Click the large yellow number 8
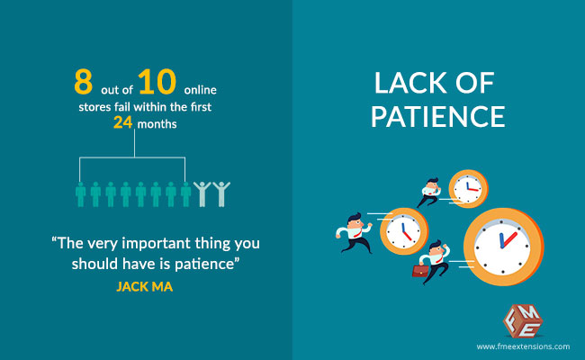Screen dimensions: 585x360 (x=83, y=82)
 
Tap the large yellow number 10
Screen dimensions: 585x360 (x=157, y=82)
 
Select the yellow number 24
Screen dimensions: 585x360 (x=122, y=122)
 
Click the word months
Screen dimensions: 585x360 (x=157, y=124)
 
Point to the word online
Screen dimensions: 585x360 (x=201, y=90)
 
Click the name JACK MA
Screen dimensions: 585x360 (x=145, y=286)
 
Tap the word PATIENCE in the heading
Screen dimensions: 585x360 (x=437, y=116)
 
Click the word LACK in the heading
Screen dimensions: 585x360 (x=410, y=83)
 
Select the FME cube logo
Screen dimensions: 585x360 (x=523, y=320)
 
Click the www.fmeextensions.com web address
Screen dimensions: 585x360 (x=523, y=346)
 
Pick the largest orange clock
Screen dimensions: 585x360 (x=504, y=247)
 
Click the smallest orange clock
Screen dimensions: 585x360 (x=468, y=189)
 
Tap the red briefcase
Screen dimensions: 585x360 (x=420, y=271)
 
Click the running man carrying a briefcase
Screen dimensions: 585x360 (x=433, y=262)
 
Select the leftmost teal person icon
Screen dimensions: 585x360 (x=80, y=194)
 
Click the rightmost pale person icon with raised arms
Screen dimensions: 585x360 (x=221, y=194)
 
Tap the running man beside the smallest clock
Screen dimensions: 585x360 (x=429, y=192)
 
